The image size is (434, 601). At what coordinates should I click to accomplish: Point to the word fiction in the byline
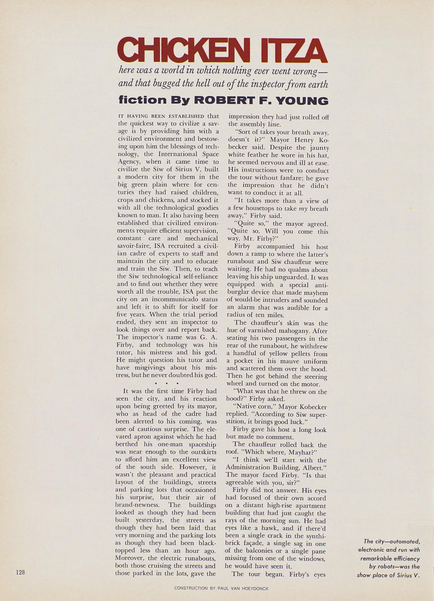[141, 101]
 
